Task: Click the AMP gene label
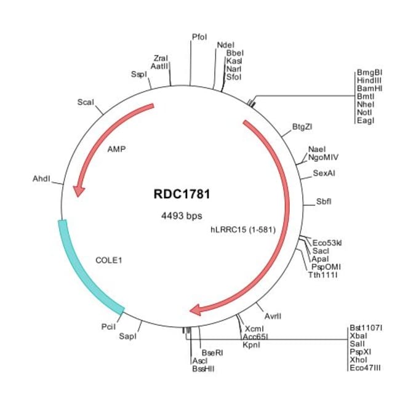click(x=116, y=149)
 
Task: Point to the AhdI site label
click(x=41, y=179)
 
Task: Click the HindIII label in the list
click(x=370, y=81)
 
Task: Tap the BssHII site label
click(x=204, y=369)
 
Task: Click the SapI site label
click(x=127, y=336)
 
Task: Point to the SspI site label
click(x=139, y=74)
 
